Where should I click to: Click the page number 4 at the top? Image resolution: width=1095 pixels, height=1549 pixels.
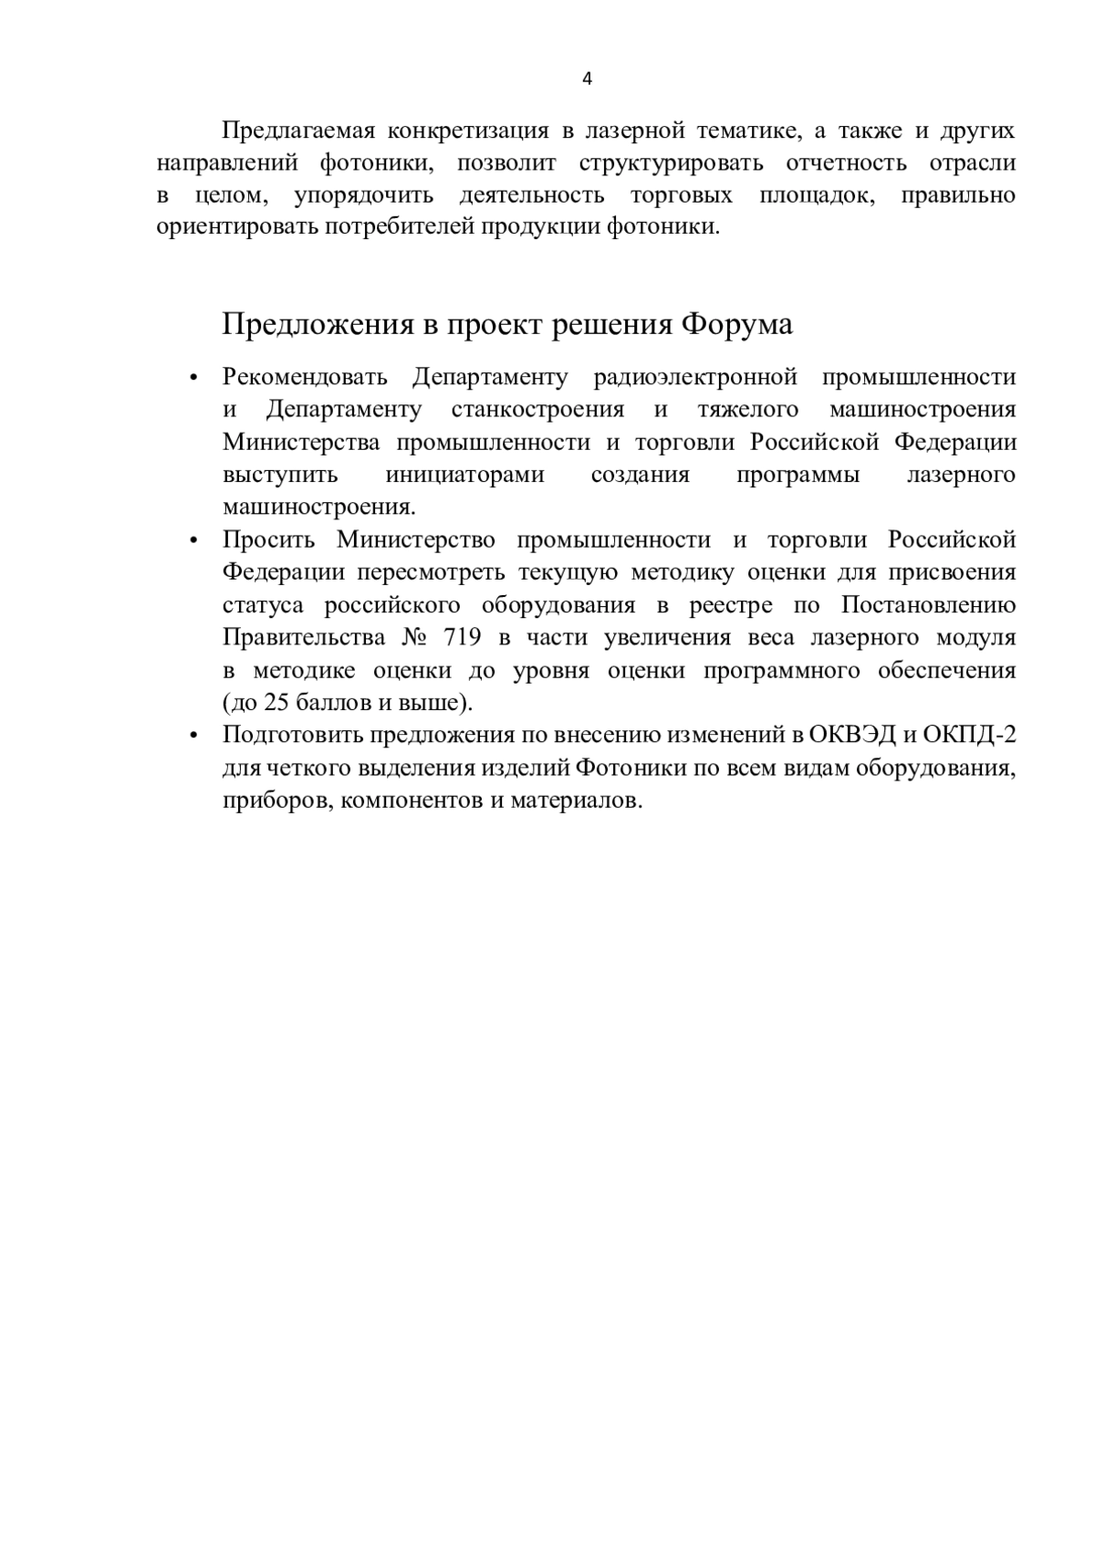[x=587, y=78]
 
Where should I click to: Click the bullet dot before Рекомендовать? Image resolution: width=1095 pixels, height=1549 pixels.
[x=193, y=379]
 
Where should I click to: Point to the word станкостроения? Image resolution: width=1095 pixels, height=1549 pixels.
[x=537, y=410]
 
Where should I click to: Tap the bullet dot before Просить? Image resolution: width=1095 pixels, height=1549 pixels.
[x=193, y=541]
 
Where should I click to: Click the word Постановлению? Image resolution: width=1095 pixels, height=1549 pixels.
[x=928, y=606]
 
